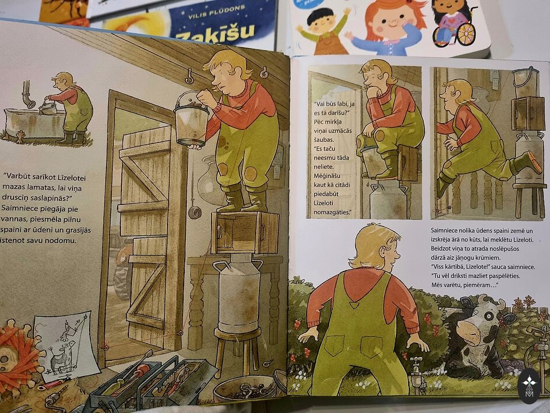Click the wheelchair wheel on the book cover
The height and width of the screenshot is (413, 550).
pyautogui.click(x=466, y=34)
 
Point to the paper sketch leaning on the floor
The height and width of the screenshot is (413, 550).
pyautogui.click(x=67, y=346)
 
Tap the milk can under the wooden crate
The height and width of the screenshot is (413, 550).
pyautogui.click(x=238, y=293)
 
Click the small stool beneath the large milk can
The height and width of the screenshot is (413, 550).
pyautogui.click(x=238, y=351)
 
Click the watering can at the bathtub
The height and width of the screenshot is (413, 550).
pyautogui.click(x=48, y=107)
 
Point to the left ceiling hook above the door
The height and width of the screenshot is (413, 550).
pyautogui.click(x=190, y=76)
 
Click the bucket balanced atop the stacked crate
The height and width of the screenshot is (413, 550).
pyautogui.click(x=525, y=82)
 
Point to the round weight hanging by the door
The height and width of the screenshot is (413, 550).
pyautogui.click(x=194, y=212)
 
